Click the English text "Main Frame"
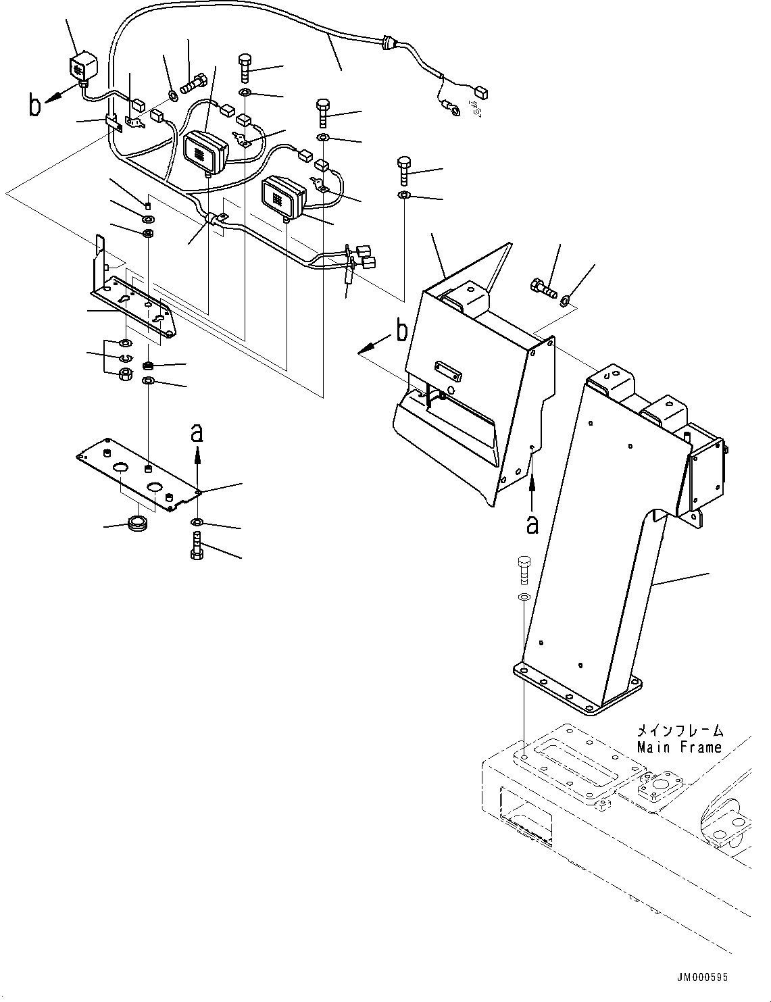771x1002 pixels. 679,747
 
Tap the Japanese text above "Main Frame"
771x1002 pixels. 679,731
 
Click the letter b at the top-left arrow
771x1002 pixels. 36,106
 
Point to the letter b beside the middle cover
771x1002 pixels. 401,331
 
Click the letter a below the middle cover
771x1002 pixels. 532,523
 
